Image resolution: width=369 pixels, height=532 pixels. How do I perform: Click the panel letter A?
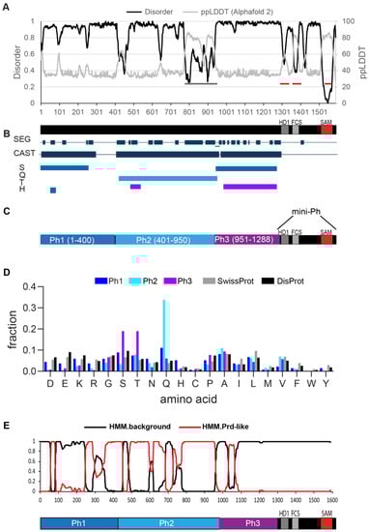pyautogui.click(x=6, y=6)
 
